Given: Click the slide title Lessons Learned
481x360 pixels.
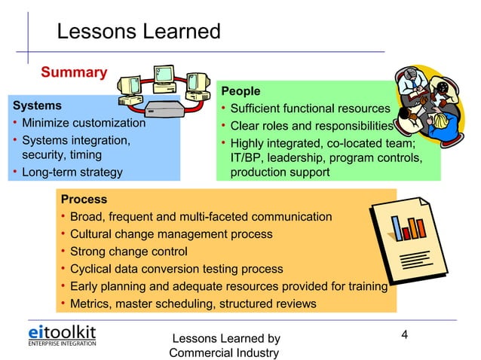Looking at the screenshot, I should (x=139, y=32).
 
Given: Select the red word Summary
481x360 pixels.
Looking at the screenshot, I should (x=73, y=72).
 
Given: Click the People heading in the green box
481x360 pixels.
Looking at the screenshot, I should (x=240, y=92).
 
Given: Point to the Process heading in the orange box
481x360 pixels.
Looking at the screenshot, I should (x=84, y=200).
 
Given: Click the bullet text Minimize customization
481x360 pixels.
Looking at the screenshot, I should (x=83, y=123).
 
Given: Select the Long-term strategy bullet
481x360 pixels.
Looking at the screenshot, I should (x=72, y=172).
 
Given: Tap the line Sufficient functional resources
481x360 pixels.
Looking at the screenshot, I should (x=310, y=109).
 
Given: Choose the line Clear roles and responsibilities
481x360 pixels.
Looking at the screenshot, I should (x=311, y=126).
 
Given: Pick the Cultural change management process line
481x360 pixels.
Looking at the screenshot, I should (x=170, y=234).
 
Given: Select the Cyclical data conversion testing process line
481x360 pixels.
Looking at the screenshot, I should (x=176, y=269).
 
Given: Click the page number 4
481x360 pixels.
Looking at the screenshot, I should (x=405, y=334).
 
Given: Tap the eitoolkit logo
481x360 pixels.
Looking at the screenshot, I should (x=62, y=335).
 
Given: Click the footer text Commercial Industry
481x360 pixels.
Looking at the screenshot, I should (x=224, y=352).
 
